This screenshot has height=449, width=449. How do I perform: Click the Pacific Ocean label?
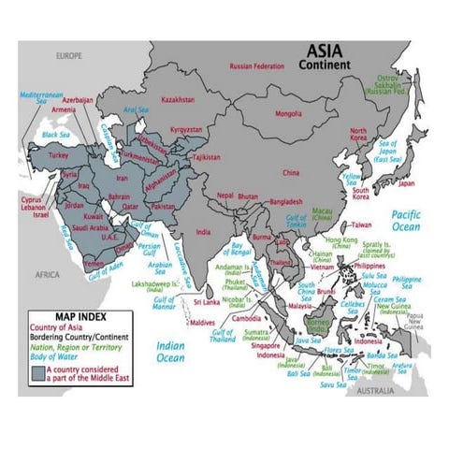(406, 221)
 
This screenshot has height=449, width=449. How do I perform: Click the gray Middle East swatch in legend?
(38, 371)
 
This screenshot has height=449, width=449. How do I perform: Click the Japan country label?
(405, 183)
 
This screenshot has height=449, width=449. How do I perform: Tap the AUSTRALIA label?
(375, 389)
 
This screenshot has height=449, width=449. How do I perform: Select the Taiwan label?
(362, 224)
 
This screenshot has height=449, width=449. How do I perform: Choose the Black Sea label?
(55, 135)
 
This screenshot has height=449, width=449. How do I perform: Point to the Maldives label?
(202, 323)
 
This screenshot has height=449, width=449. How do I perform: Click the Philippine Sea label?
(407, 282)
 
